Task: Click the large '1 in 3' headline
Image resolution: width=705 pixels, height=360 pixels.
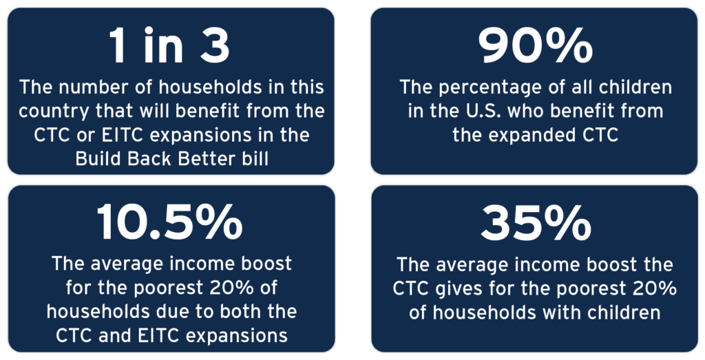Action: click(169, 47)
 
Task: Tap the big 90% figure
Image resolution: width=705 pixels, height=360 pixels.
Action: click(534, 47)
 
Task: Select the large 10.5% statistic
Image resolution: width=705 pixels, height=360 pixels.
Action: click(169, 222)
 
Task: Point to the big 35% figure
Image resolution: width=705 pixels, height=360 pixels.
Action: click(536, 222)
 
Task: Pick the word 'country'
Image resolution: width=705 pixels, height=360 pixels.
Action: click(47, 112)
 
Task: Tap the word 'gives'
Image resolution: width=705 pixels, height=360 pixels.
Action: click(449, 289)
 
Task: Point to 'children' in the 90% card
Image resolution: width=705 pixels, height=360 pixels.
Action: click(639, 87)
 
